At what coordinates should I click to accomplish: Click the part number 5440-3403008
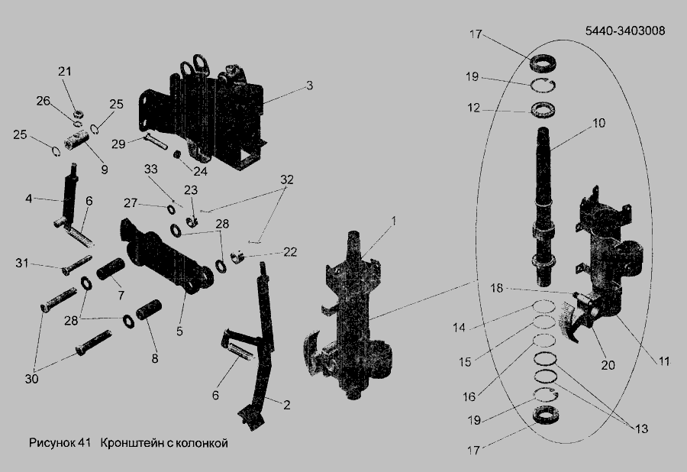625,31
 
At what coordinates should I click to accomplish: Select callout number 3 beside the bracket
309,85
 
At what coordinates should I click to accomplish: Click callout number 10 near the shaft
598,123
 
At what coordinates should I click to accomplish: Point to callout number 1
393,221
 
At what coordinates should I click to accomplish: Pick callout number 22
290,252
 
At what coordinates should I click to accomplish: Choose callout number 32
287,179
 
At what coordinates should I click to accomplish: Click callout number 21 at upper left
65,71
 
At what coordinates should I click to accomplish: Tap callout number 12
473,108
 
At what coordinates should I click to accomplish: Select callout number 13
641,428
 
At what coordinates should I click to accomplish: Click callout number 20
608,364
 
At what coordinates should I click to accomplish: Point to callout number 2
286,405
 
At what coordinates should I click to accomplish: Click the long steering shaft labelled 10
543,205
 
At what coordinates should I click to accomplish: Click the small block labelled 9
76,141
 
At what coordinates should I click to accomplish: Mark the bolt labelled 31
76,266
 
